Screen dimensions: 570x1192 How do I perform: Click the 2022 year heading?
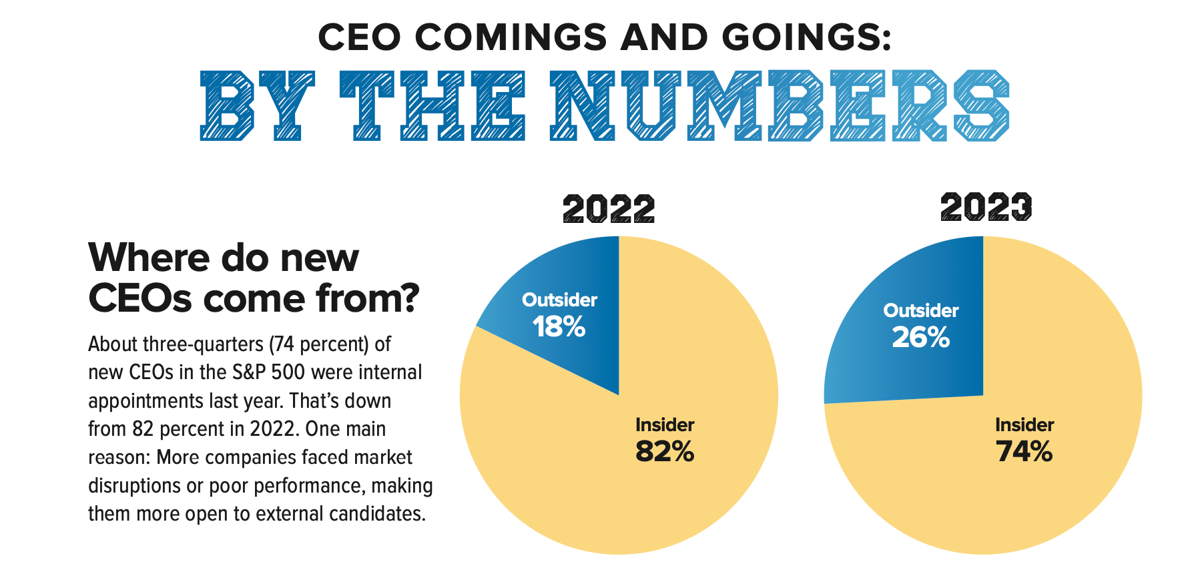tap(609, 210)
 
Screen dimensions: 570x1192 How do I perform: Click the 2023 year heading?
tap(986, 207)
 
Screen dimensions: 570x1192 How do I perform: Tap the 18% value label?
tap(559, 327)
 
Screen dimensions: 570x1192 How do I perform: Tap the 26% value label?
tap(920, 338)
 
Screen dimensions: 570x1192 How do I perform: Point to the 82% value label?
tap(665, 452)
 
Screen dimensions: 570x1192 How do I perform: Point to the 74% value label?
tap(1024, 452)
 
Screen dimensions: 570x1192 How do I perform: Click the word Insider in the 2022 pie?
tap(665, 425)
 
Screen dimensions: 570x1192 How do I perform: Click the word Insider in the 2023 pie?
tap(1024, 425)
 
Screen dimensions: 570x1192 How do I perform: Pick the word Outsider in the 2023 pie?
tap(920, 311)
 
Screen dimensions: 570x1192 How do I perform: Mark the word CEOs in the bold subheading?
tap(139, 298)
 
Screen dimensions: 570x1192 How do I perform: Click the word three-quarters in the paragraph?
tap(204, 344)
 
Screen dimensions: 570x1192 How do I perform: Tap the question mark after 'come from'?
tap(408, 298)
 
